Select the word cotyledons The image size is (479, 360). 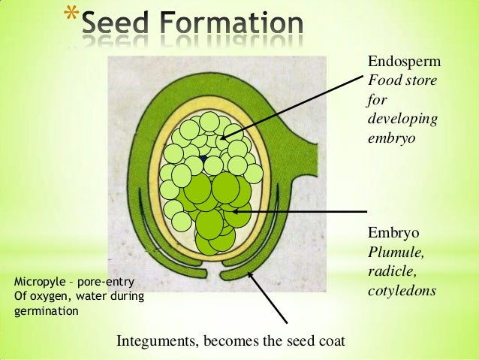point(402,289)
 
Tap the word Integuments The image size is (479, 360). point(153,342)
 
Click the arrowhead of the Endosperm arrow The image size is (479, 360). point(224,137)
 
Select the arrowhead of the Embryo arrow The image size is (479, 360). point(230,212)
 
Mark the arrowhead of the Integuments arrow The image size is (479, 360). point(250,275)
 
